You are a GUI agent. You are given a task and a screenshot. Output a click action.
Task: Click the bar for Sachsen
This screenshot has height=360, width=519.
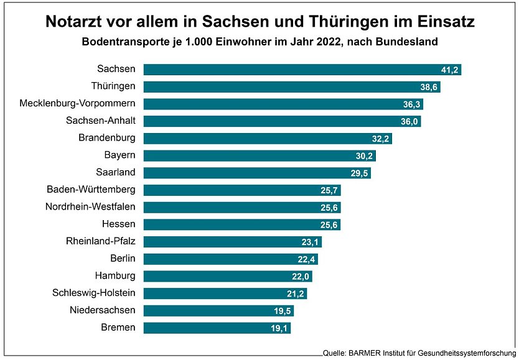(x=302, y=70)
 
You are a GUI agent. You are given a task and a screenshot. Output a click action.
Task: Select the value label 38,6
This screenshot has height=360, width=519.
(x=429, y=87)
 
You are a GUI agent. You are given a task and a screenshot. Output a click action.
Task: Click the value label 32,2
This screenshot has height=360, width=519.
(x=381, y=139)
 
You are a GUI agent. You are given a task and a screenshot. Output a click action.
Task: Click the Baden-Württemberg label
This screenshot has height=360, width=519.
(x=91, y=190)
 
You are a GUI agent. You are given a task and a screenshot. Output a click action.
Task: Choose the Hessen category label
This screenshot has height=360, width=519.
(x=118, y=224)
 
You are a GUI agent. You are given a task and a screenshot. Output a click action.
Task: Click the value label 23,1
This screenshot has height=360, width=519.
(x=311, y=242)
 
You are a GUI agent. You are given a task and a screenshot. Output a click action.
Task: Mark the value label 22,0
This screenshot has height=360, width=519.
(x=301, y=276)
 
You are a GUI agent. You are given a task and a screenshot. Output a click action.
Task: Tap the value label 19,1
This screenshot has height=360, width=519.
(x=279, y=328)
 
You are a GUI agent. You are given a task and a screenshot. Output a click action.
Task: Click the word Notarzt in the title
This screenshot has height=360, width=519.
(x=75, y=23)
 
